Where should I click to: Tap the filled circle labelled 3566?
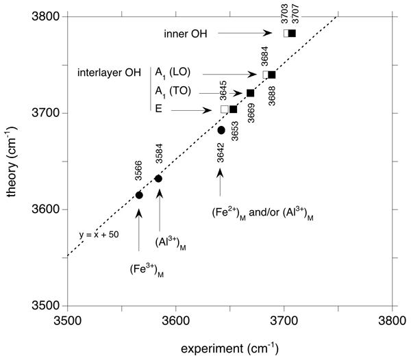click(x=139, y=195)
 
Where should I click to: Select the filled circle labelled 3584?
click(x=159, y=179)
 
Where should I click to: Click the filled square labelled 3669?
click(x=250, y=93)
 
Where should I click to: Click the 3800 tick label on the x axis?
click(x=392, y=320)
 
